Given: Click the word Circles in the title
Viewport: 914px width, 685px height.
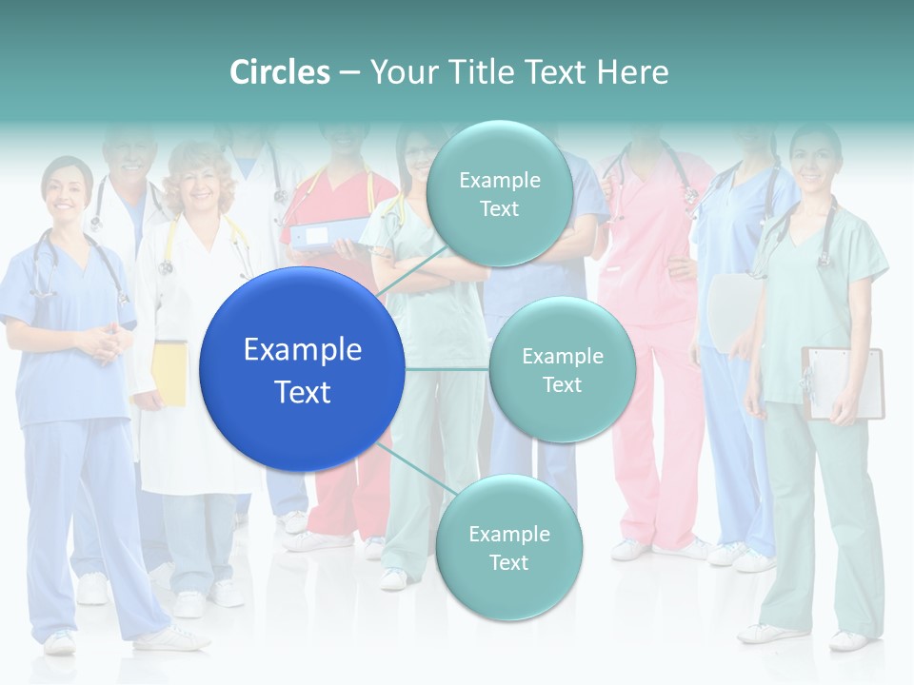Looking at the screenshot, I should coord(280,72).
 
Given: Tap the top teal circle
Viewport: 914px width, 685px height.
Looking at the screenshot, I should coord(499,193).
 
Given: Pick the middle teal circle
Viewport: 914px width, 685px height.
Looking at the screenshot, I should coord(562,370).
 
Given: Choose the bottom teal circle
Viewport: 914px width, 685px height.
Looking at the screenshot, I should coord(508,547).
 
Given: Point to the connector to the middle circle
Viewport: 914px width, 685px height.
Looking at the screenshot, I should coord(447,368).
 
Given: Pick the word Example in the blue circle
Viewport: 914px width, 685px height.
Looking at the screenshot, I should coord(302,350).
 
